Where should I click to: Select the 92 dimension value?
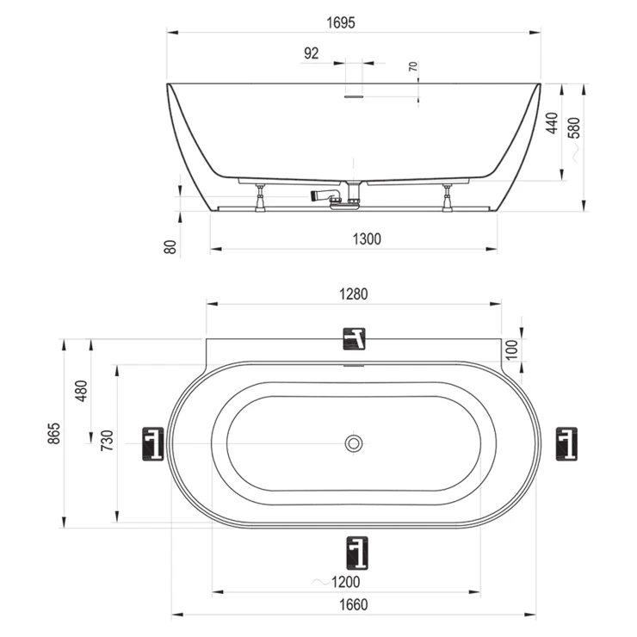pyautogui.click(x=312, y=53)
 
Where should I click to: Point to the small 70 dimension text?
pyautogui.click(x=413, y=66)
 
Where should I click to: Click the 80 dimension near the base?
pyautogui.click(x=170, y=246)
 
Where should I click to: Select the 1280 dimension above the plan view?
pyautogui.click(x=354, y=294)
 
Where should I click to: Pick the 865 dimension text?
pyautogui.click(x=53, y=433)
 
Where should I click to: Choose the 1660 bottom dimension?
pyautogui.click(x=353, y=604)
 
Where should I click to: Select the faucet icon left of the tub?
pyautogui.click(x=154, y=444)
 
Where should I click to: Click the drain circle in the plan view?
pyautogui.click(x=354, y=443)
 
